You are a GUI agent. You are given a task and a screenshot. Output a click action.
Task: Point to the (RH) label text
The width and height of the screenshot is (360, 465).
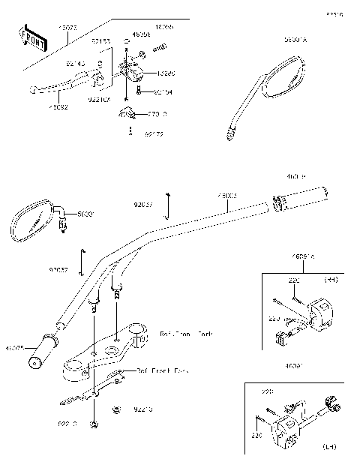[330, 279]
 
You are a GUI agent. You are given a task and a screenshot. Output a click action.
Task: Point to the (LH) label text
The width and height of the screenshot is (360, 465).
[330, 447]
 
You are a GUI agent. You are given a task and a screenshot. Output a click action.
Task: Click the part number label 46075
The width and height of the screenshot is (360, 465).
[14, 348]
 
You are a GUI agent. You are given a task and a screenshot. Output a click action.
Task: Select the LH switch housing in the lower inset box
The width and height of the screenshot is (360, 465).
[289, 427]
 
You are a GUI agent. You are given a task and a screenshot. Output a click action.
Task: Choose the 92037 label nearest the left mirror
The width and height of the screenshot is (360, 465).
[58, 269]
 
